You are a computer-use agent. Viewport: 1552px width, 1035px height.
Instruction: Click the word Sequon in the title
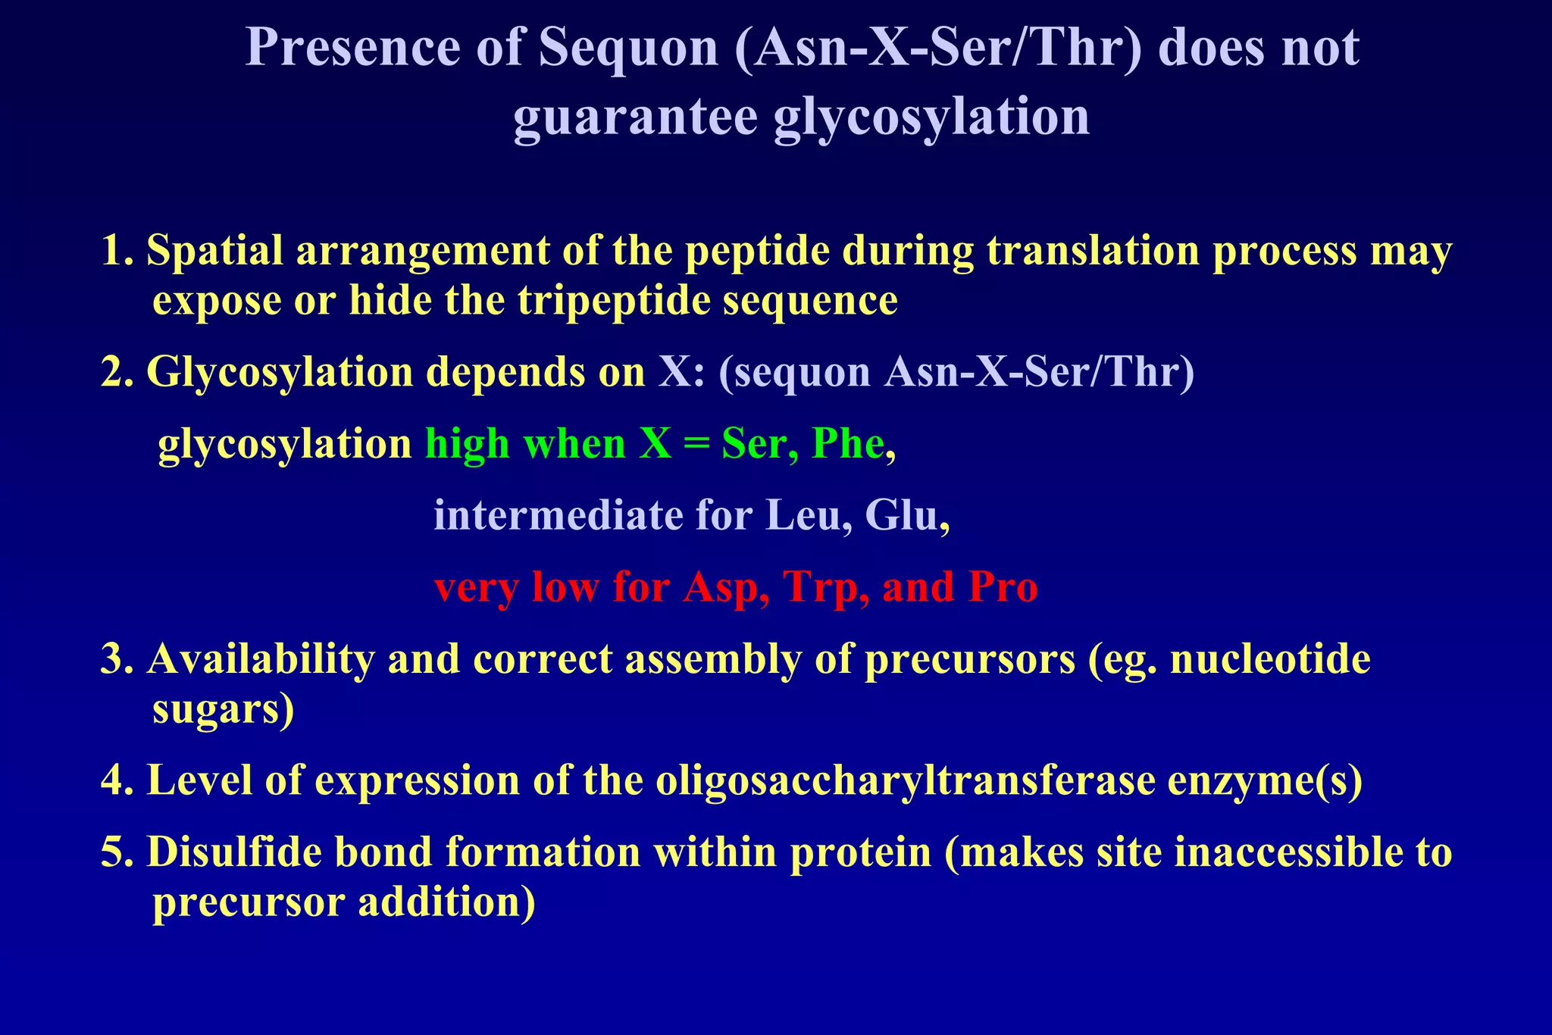(x=628, y=48)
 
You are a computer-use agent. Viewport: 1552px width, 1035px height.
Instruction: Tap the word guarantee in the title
(x=635, y=117)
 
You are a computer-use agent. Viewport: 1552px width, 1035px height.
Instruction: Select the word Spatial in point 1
(x=214, y=251)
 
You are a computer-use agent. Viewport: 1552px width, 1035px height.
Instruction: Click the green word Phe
(x=847, y=444)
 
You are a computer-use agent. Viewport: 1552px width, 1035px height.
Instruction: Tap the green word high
(x=467, y=444)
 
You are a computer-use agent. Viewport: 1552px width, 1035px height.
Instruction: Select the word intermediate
(x=558, y=516)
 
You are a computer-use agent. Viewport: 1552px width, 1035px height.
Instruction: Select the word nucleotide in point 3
(x=1270, y=659)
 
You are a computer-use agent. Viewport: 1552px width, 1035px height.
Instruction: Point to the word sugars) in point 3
(x=223, y=709)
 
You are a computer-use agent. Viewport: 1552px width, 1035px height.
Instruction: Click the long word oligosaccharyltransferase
(x=905, y=780)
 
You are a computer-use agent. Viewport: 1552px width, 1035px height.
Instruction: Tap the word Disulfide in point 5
(x=234, y=852)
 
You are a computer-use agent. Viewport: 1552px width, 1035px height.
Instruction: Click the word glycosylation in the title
(x=931, y=117)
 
